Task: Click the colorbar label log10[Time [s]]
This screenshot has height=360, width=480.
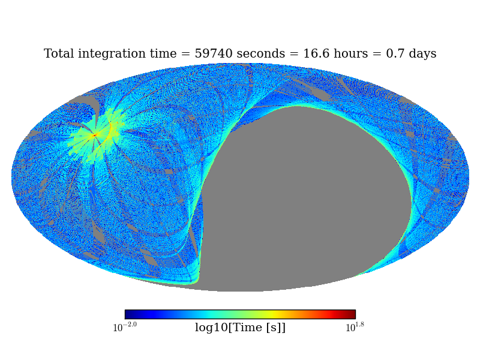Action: click(240, 328)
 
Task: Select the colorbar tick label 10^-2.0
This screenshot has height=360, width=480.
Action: click(125, 328)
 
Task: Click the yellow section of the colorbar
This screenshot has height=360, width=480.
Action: click(273, 314)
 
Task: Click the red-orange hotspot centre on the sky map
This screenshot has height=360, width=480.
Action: click(94, 136)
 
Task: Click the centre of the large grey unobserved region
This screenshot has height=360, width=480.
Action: click(306, 198)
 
